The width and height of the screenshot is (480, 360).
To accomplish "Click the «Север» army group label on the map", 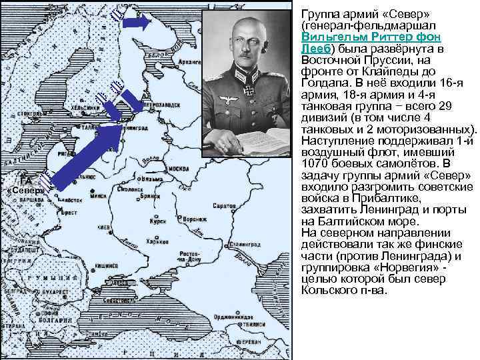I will click(25, 191).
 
